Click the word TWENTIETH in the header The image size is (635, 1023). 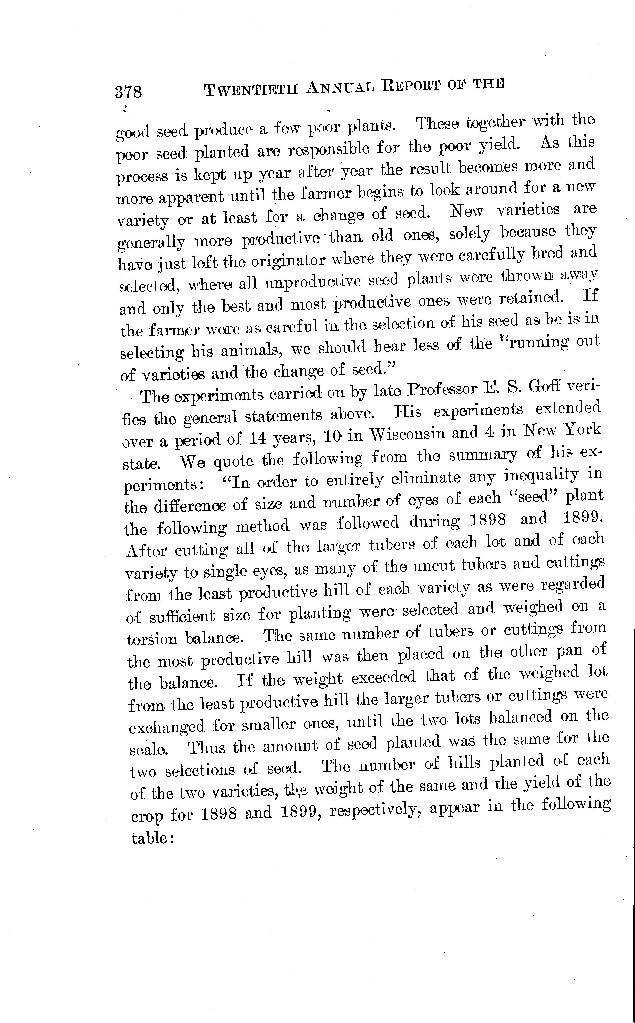click(x=251, y=89)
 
